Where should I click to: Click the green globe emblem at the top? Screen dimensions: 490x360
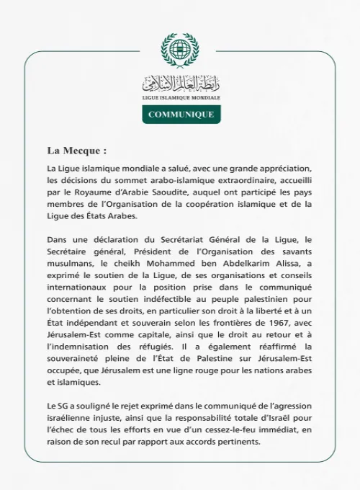[180, 50]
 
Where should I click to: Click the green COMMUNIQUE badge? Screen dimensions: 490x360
[180, 115]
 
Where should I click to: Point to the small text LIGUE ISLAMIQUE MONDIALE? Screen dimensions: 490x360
[180, 96]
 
